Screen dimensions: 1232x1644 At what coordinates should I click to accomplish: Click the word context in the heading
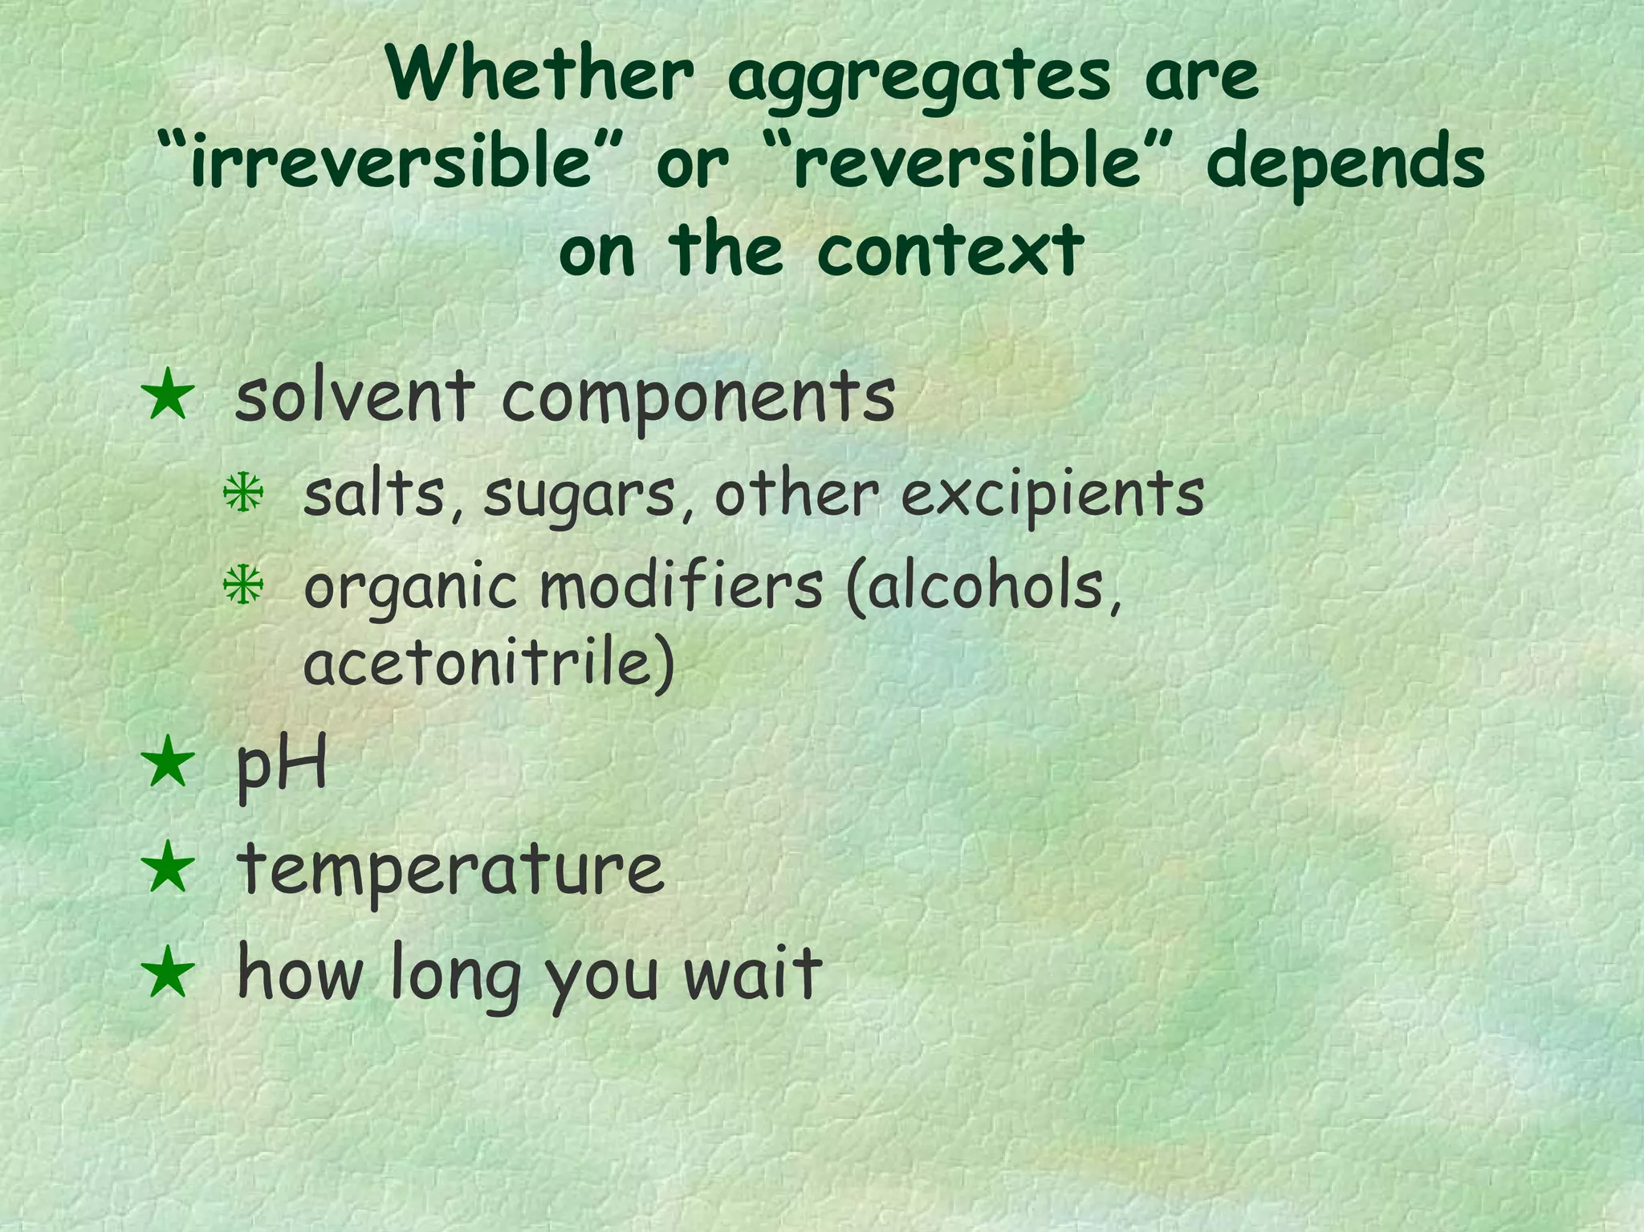950,250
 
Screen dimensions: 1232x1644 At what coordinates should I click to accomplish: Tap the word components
698,398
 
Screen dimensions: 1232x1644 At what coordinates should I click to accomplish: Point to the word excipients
1052,496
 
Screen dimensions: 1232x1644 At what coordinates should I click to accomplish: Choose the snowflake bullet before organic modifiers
243,585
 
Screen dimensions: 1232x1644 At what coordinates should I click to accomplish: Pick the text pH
282,765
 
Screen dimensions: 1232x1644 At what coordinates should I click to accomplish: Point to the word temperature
450,871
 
